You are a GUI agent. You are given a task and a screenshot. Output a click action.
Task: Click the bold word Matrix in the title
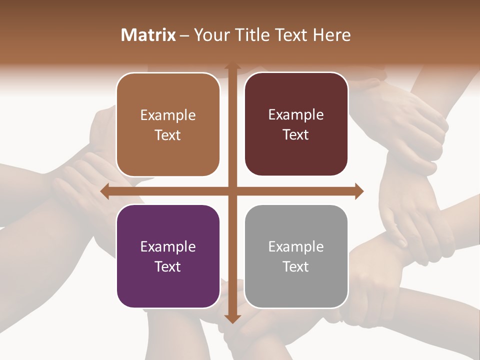[x=148, y=34]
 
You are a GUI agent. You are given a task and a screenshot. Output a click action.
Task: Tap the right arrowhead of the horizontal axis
[x=359, y=191]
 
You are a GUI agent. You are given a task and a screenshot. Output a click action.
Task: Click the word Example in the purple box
[x=168, y=246]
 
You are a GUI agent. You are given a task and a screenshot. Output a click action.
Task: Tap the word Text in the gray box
[x=296, y=266]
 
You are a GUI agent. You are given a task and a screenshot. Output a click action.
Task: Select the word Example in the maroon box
[x=296, y=115]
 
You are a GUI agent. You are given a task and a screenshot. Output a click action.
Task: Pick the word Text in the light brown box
[x=168, y=135]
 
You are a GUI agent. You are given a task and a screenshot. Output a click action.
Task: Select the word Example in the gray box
[x=296, y=246]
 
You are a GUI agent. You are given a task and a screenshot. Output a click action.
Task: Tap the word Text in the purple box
[x=168, y=266]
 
